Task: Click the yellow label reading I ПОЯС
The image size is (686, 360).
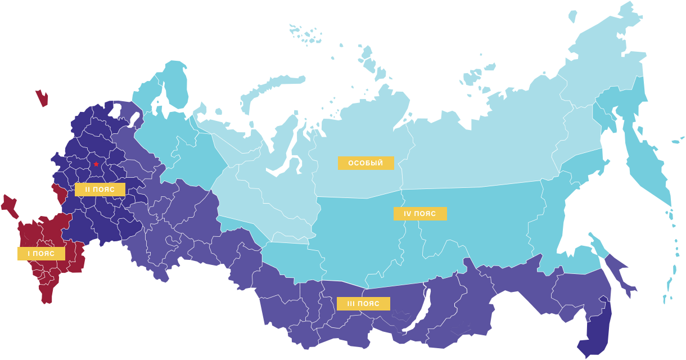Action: coord(41,254)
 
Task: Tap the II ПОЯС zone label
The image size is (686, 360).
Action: coord(100,190)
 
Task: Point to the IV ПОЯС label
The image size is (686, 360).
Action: coord(419,214)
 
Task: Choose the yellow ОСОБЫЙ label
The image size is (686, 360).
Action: coord(365,163)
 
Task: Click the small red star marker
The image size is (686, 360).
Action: coord(96,164)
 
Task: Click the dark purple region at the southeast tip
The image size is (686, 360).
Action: coord(596,332)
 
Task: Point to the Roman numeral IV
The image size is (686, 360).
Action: coord(408,214)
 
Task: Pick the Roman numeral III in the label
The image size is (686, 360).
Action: coord(350,304)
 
